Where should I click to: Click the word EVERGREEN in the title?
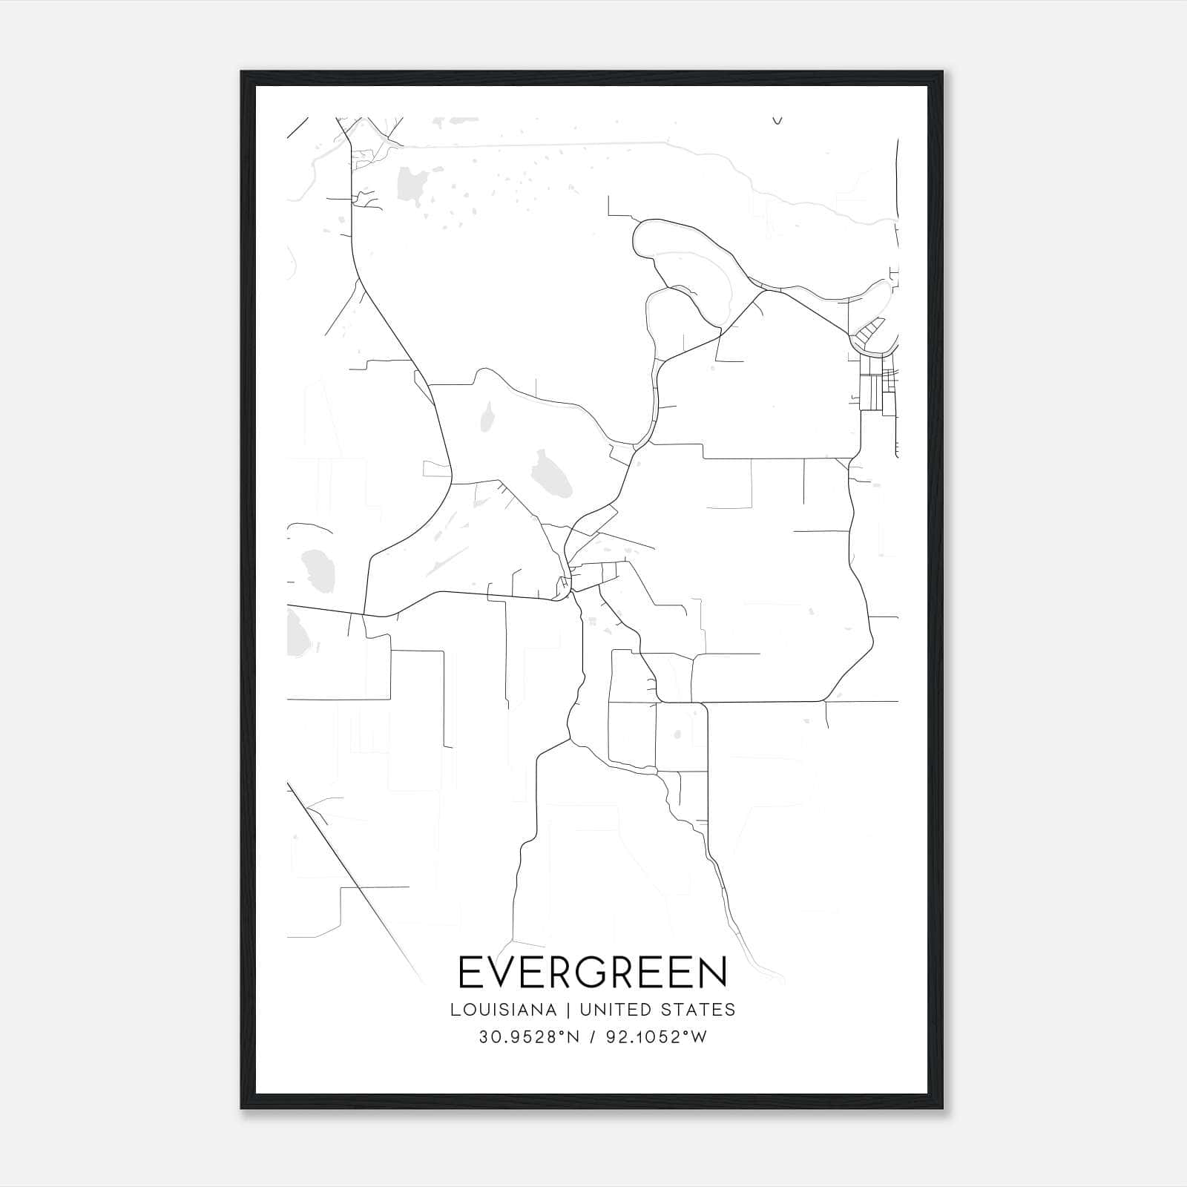tap(593, 973)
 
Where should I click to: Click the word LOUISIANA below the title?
tap(502, 1010)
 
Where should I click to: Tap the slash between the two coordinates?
tap(592, 1037)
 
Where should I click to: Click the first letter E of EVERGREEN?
tap(469, 973)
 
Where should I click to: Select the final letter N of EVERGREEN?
tap(714, 973)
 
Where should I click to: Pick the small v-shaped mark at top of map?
tap(777, 120)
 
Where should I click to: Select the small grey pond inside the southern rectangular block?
tap(677, 735)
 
